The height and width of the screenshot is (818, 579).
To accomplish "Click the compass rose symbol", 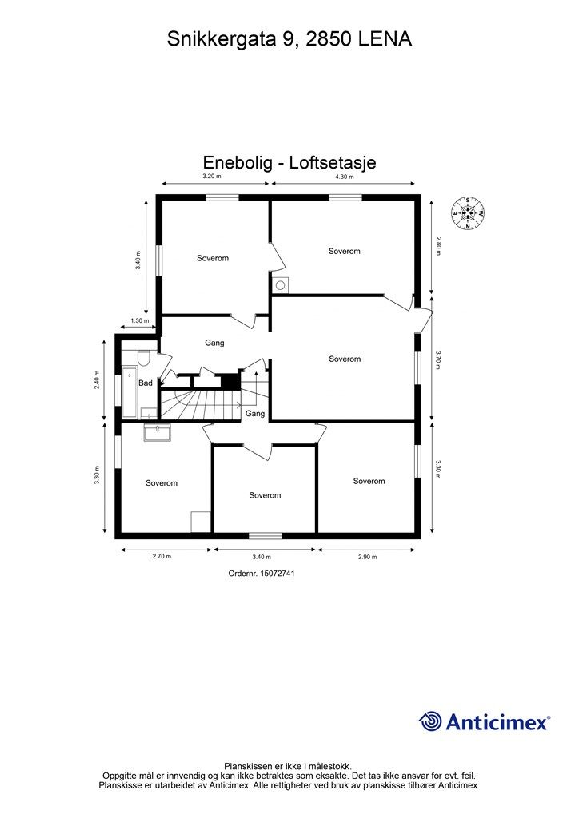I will pyautogui.click(x=469, y=212).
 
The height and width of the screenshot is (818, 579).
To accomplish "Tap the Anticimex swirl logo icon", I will pyautogui.click(x=430, y=721).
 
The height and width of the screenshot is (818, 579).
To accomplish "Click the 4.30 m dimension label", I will pyautogui.click(x=344, y=177).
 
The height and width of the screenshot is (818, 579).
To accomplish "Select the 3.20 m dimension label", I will pyautogui.click(x=210, y=177).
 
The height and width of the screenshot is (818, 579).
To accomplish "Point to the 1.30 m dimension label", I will pyautogui.click(x=140, y=321).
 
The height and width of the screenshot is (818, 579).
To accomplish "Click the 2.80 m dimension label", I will pyautogui.click(x=439, y=245).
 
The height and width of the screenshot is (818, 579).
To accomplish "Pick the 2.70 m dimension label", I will pyautogui.click(x=162, y=557).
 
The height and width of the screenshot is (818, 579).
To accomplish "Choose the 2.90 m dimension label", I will pyautogui.click(x=368, y=557).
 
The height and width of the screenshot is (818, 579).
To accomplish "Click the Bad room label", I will pyautogui.click(x=145, y=383).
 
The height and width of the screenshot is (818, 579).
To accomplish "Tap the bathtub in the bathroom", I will pyautogui.click(x=129, y=392).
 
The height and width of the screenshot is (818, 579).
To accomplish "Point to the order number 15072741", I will pyautogui.click(x=262, y=573).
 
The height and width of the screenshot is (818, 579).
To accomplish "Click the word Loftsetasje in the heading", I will pyautogui.click(x=332, y=162).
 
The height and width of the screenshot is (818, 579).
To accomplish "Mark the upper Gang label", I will pyautogui.click(x=214, y=343).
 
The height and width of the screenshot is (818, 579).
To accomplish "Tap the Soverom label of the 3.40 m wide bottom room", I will pyautogui.click(x=265, y=495).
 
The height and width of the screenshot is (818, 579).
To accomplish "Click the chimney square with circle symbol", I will pyautogui.click(x=282, y=285).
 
